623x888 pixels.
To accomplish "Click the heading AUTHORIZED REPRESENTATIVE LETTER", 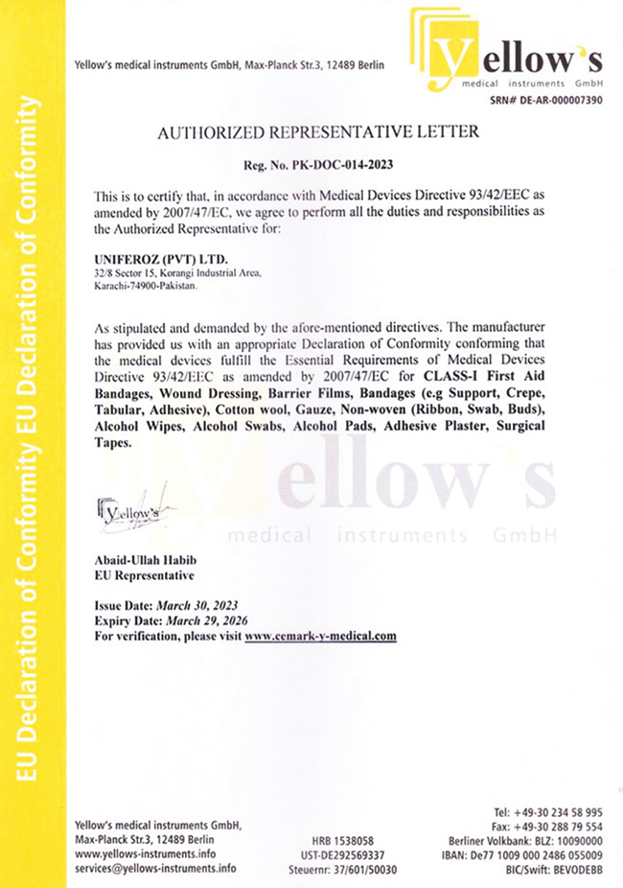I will click(x=317, y=132).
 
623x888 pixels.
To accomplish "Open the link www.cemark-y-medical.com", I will click(x=320, y=636).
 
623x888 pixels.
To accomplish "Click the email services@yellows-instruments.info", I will click(x=155, y=868).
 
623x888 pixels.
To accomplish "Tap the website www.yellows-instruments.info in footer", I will click(x=145, y=853).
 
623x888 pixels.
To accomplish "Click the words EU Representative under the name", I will click(x=144, y=575).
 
